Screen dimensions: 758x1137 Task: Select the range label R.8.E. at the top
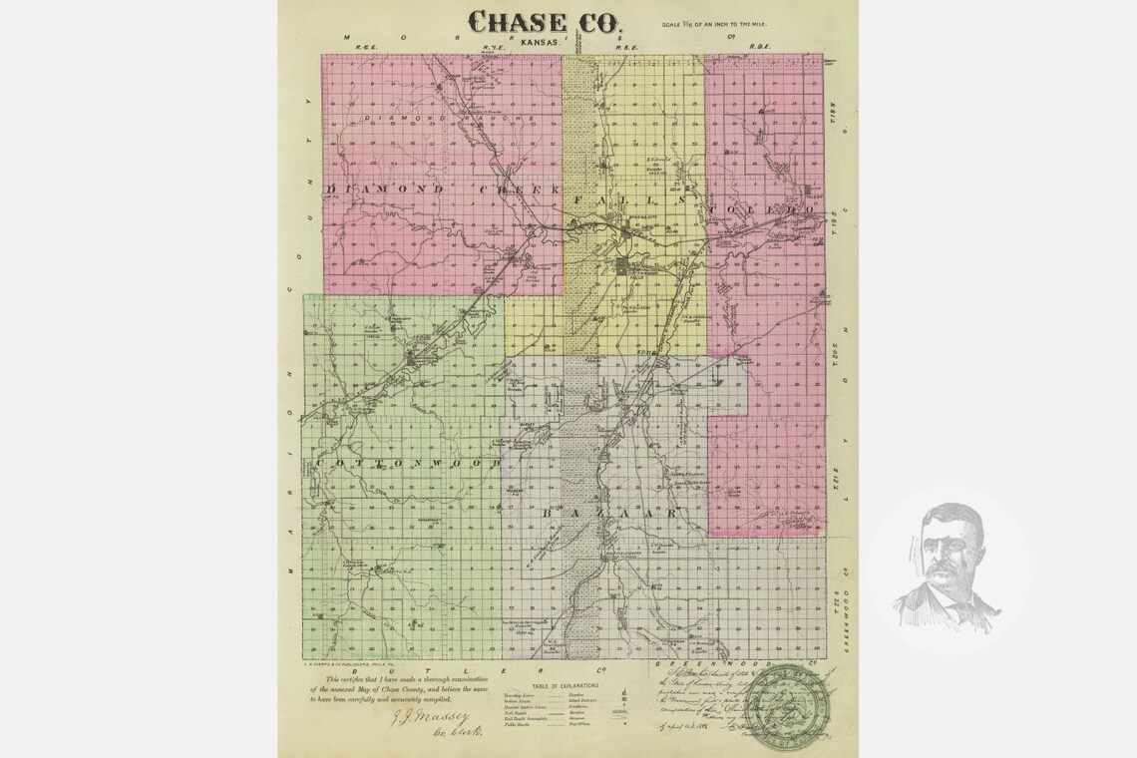pyautogui.click(x=626, y=47)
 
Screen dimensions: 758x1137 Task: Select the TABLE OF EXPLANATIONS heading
pyautogui.click(x=567, y=685)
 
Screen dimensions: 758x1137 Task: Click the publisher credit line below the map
pyautogui.click(x=353, y=663)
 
